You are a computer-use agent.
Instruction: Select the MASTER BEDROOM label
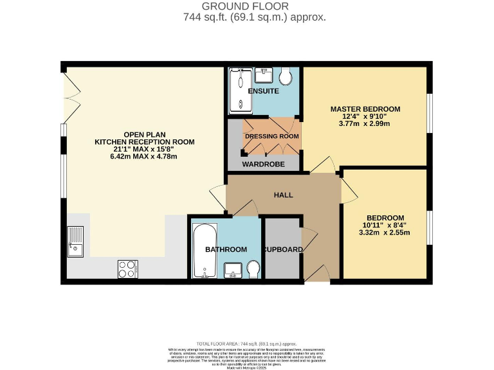(x=365, y=109)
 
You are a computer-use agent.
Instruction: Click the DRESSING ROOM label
(x=271, y=136)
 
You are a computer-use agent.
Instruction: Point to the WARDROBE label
(x=263, y=164)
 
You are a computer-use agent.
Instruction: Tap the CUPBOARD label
(x=282, y=249)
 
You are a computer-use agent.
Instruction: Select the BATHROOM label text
(x=226, y=249)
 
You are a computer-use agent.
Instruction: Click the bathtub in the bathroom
(x=203, y=251)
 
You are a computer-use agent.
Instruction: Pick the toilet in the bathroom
(x=253, y=269)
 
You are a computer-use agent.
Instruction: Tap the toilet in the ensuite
(x=287, y=77)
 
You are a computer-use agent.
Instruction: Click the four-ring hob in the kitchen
(x=127, y=269)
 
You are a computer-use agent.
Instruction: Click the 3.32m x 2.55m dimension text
(x=385, y=233)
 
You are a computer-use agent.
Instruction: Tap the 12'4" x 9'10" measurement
(x=365, y=116)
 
